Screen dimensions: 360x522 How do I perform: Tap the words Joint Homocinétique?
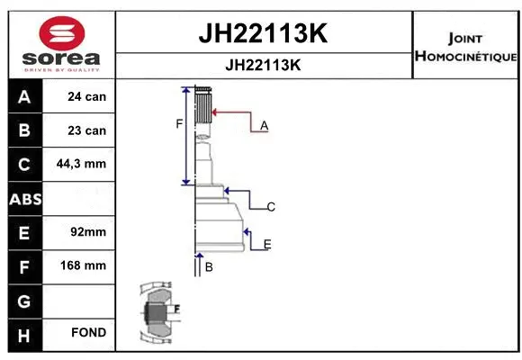465,48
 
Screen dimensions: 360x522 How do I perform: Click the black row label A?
24,96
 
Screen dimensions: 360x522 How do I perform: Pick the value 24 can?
87,96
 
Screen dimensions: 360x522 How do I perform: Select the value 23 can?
87,130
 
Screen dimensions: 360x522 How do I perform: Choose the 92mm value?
88,232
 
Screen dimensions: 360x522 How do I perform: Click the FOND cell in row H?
89,333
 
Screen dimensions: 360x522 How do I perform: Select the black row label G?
24,300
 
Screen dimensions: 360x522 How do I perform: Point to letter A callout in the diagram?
264,126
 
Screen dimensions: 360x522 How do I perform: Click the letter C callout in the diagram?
270,207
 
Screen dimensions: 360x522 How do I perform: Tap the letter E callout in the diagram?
267,244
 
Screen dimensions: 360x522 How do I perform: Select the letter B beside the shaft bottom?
209,267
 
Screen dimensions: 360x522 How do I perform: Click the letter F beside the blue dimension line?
179,123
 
